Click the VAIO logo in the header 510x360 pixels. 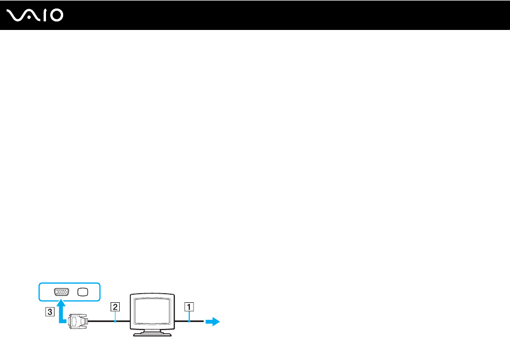point(35,16)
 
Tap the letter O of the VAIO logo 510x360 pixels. point(57,16)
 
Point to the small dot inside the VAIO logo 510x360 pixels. point(29,18)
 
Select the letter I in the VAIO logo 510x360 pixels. point(45,16)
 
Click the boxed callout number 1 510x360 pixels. point(189,307)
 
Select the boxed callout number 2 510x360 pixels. point(115,307)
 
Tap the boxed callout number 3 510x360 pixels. point(50,312)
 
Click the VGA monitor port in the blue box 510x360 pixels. point(61,292)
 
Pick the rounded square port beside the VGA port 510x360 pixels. point(83,292)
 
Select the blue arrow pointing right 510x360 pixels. point(213,321)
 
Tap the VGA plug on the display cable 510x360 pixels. point(78,321)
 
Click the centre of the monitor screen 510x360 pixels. point(152,311)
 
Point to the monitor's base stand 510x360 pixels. point(152,333)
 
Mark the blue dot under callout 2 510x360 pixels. point(115,321)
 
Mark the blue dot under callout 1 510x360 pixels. point(189,321)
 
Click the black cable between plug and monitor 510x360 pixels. point(109,321)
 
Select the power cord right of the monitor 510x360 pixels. point(189,321)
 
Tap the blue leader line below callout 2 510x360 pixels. point(115,316)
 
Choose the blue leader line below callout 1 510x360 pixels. point(189,316)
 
